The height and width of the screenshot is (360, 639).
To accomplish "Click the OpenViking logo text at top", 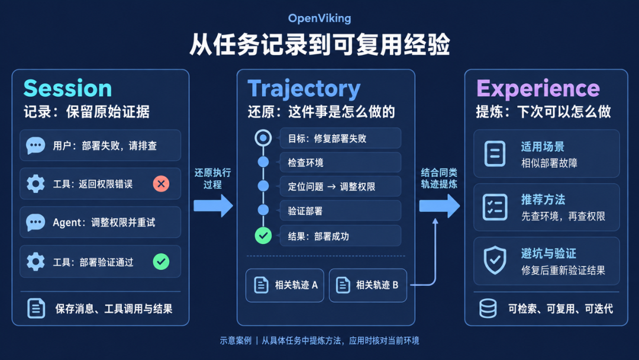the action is coord(319,18).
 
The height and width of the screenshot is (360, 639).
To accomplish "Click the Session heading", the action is coord(67,88).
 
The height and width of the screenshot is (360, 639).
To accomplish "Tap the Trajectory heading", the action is coord(304,89).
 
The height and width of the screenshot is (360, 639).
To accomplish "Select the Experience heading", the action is coord(538,89).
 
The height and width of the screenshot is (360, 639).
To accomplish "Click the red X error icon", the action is coord(161,184).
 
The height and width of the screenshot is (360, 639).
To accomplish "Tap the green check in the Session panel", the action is coord(161,262).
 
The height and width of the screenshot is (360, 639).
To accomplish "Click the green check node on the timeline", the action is coord(263,236).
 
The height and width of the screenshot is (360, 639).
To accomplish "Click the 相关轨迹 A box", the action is coord(285,285).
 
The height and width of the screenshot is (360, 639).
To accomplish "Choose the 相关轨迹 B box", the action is coord(367,285).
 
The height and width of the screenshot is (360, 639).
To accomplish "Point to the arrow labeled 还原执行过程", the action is coord(213,205).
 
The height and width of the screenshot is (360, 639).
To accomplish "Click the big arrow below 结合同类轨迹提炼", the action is coord(439,205).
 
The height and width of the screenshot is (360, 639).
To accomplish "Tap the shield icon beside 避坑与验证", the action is coord(495,261).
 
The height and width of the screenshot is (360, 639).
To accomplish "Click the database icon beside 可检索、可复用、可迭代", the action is coord(488,308).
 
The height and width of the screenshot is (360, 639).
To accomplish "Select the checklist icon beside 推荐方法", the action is coord(495,207).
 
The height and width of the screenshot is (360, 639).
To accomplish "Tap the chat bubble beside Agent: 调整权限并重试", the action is coord(35,223).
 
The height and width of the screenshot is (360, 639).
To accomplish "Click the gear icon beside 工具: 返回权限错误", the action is coord(35,184).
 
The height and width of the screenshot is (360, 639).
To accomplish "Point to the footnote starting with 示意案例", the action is coord(319,340).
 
